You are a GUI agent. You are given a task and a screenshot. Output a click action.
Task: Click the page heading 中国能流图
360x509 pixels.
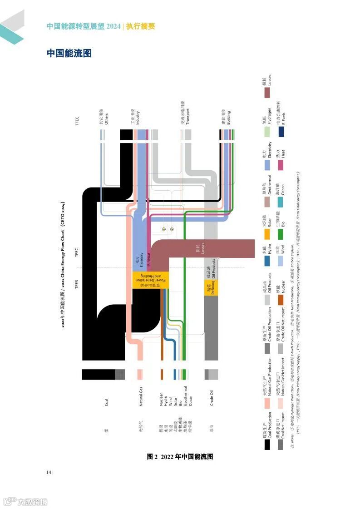pyautogui.click(x=69, y=54)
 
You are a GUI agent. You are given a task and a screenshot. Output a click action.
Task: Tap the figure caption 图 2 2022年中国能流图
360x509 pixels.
pyautogui.click(x=180, y=457)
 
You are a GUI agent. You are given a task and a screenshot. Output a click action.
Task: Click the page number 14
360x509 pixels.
pyautogui.click(x=49, y=472)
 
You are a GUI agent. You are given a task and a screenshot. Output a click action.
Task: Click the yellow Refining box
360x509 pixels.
pyautogui.click(x=211, y=287)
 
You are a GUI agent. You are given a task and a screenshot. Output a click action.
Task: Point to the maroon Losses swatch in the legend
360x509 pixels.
pyautogui.click(x=267, y=92)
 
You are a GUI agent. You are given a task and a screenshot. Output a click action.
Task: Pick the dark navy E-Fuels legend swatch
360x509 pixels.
pyautogui.click(x=281, y=131)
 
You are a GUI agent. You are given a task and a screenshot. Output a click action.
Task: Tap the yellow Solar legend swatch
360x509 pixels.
pyautogui.click(x=267, y=234)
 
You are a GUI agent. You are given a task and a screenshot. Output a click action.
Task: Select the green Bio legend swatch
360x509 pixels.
pyautogui.click(x=281, y=234)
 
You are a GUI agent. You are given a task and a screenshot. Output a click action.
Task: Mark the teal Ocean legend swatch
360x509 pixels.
pyautogui.click(x=281, y=202)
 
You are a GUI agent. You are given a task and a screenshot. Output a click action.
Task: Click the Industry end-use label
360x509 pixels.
pyautogui.click(x=135, y=117)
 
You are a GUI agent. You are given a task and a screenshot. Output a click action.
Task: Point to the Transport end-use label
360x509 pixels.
pyautogui.click(x=184, y=114)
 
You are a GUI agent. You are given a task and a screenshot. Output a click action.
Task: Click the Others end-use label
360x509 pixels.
pyautogui.click(x=104, y=117)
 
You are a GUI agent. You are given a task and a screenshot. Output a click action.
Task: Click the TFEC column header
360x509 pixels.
pyautogui.click(x=77, y=121)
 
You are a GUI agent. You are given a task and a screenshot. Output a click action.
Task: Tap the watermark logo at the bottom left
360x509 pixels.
pyautogui.click(x=25, y=502)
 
